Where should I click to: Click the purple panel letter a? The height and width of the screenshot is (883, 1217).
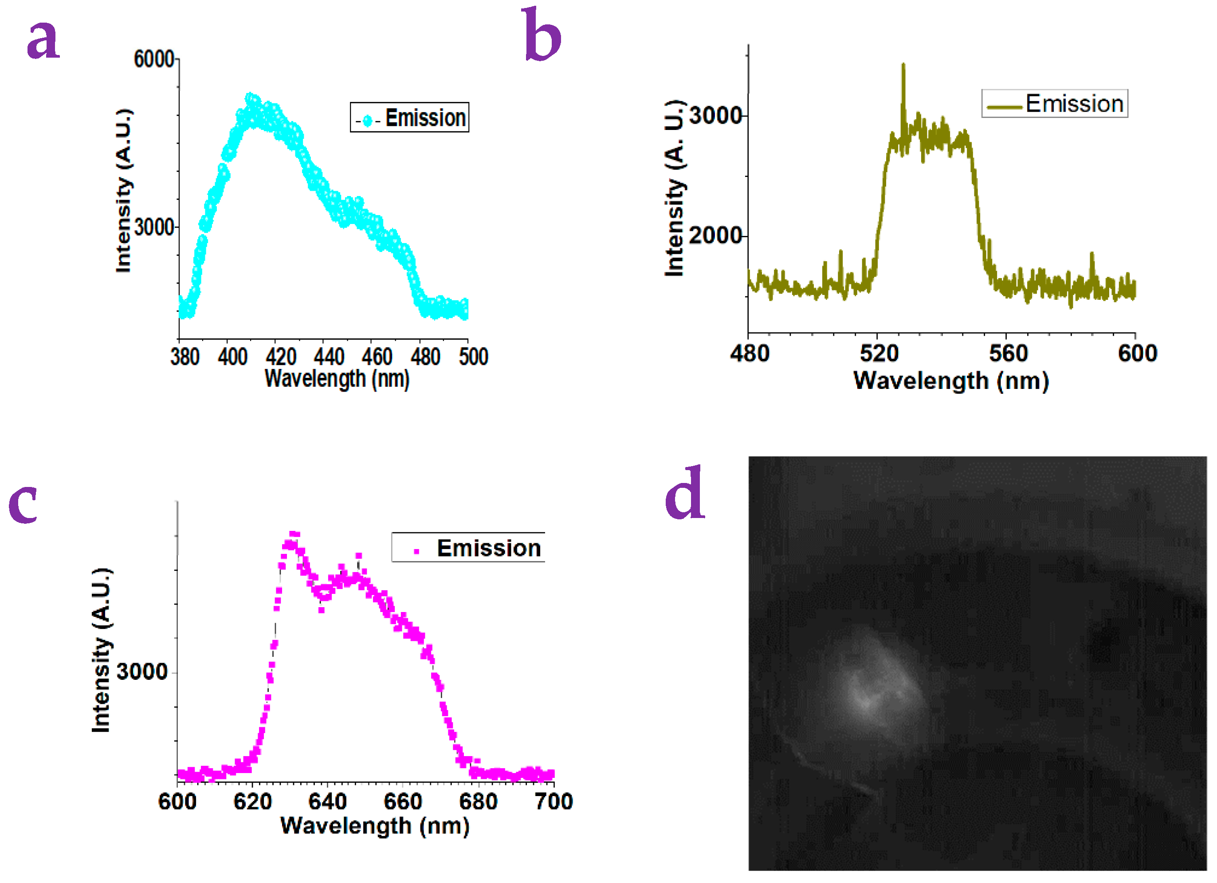click(x=43, y=39)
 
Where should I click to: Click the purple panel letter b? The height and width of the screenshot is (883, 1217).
click(x=542, y=35)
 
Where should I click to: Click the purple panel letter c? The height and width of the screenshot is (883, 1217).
click(x=23, y=505)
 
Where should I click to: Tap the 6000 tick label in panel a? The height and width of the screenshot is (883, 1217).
click(x=153, y=59)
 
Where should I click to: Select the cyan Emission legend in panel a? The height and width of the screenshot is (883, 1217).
click(x=409, y=118)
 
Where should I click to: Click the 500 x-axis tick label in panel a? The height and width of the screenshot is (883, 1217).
click(x=473, y=357)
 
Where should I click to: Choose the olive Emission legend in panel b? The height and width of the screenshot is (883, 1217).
click(x=1055, y=103)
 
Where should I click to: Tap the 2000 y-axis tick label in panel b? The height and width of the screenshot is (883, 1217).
click(x=715, y=235)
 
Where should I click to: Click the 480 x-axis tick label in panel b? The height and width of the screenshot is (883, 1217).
click(x=750, y=353)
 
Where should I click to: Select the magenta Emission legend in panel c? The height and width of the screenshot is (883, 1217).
click(x=468, y=548)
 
